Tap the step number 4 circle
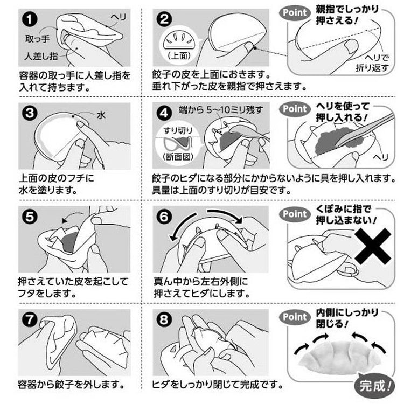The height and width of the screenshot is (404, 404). pyautogui.click(x=163, y=114)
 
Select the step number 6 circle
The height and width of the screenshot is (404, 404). pyautogui.click(x=163, y=217)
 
